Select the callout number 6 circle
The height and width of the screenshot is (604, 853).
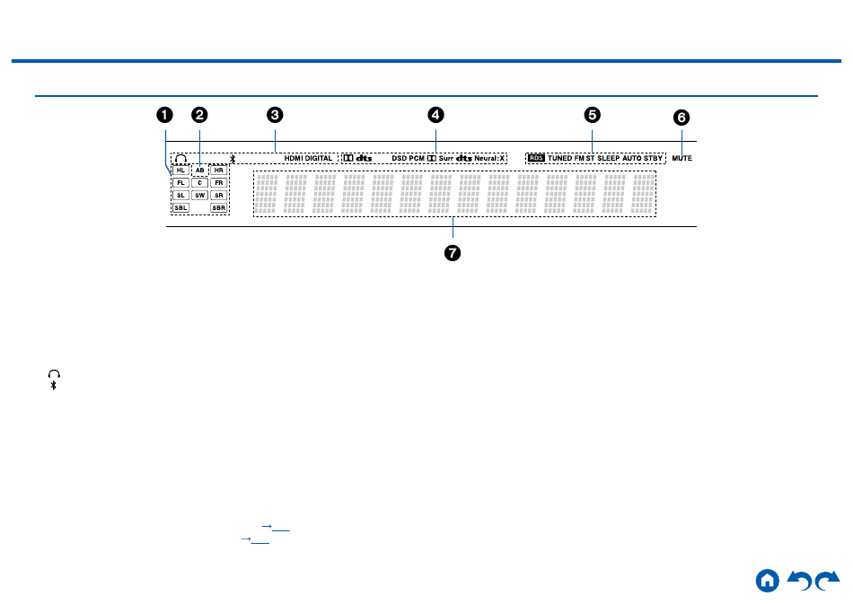(x=682, y=118)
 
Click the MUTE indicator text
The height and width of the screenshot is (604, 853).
(x=682, y=158)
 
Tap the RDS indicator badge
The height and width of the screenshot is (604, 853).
(x=536, y=158)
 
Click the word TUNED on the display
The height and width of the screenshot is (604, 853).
(x=559, y=158)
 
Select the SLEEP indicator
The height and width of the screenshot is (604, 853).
(x=609, y=158)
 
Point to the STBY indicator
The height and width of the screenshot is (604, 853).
(x=653, y=158)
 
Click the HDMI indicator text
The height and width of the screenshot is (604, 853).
(x=294, y=158)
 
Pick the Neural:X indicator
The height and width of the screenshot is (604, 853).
(x=490, y=158)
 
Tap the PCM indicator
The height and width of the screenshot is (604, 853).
(x=417, y=158)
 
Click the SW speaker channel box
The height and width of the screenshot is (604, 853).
(x=199, y=195)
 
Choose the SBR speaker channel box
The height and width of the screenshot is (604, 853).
(x=218, y=207)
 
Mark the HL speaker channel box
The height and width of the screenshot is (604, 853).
(x=180, y=170)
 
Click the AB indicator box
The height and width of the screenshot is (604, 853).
(x=199, y=170)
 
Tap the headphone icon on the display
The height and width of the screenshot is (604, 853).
(x=180, y=158)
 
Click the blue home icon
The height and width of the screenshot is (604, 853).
(x=767, y=580)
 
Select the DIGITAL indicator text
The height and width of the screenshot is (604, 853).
(x=319, y=158)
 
